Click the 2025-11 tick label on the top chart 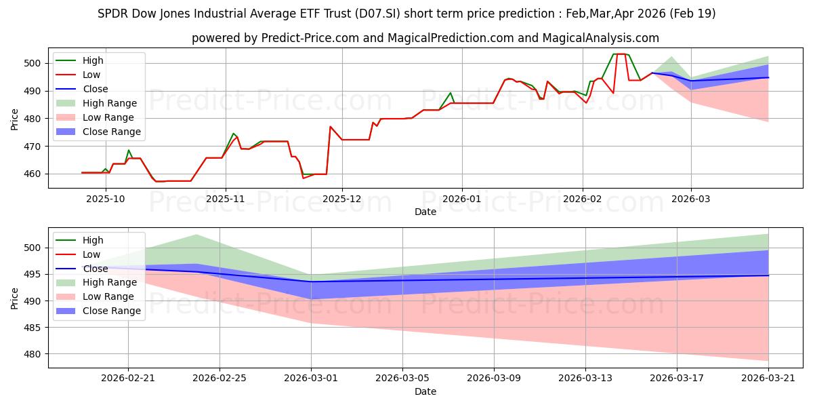coord(226,199)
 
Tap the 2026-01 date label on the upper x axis coord(461,199)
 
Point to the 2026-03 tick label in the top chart coord(690,199)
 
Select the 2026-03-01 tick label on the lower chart coord(311,378)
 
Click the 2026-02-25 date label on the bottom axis coord(220,378)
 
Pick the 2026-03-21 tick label coord(768,378)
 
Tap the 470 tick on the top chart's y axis coord(32,147)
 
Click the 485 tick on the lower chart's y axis coord(32,328)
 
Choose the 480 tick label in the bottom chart coord(32,354)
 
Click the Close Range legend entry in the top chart coord(98,132)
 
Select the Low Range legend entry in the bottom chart coord(95,296)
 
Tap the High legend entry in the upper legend coord(79,60)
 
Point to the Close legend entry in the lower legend coord(82,269)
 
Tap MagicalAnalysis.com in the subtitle coord(601,38)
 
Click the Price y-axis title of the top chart coord(14,119)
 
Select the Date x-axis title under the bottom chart coord(425,391)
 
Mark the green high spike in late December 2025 coord(451,93)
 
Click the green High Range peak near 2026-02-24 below coord(196,235)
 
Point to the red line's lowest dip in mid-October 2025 coord(157,181)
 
